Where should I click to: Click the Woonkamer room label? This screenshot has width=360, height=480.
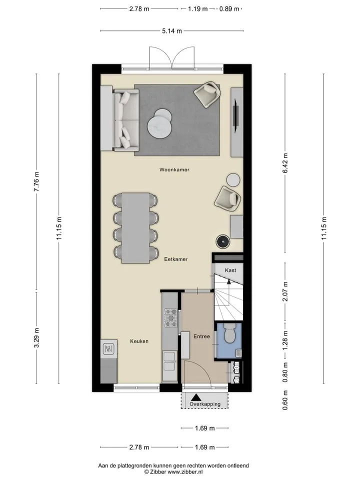tap(174, 169)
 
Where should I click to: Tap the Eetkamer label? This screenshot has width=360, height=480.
tap(175, 259)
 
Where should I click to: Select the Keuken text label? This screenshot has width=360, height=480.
tap(139, 341)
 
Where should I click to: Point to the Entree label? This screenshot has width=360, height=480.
tap(201, 336)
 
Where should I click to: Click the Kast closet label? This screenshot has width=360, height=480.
tap(230, 270)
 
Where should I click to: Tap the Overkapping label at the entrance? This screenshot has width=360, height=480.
tap(205, 404)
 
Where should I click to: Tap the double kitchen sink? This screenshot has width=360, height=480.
tap(169, 361)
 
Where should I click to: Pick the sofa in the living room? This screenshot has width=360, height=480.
tap(125, 119)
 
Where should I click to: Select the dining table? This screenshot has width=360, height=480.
tap(135, 228)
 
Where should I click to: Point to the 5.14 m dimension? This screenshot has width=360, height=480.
tap(171, 31)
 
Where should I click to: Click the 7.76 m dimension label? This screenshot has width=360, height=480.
tap(36, 181)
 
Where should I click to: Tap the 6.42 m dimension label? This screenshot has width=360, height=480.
tap(285, 163)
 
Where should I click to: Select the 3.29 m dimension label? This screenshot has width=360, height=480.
tap(36, 337)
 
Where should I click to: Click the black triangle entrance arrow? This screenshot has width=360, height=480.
tap(196, 397)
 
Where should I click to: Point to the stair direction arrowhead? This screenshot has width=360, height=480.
tap(228, 282)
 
